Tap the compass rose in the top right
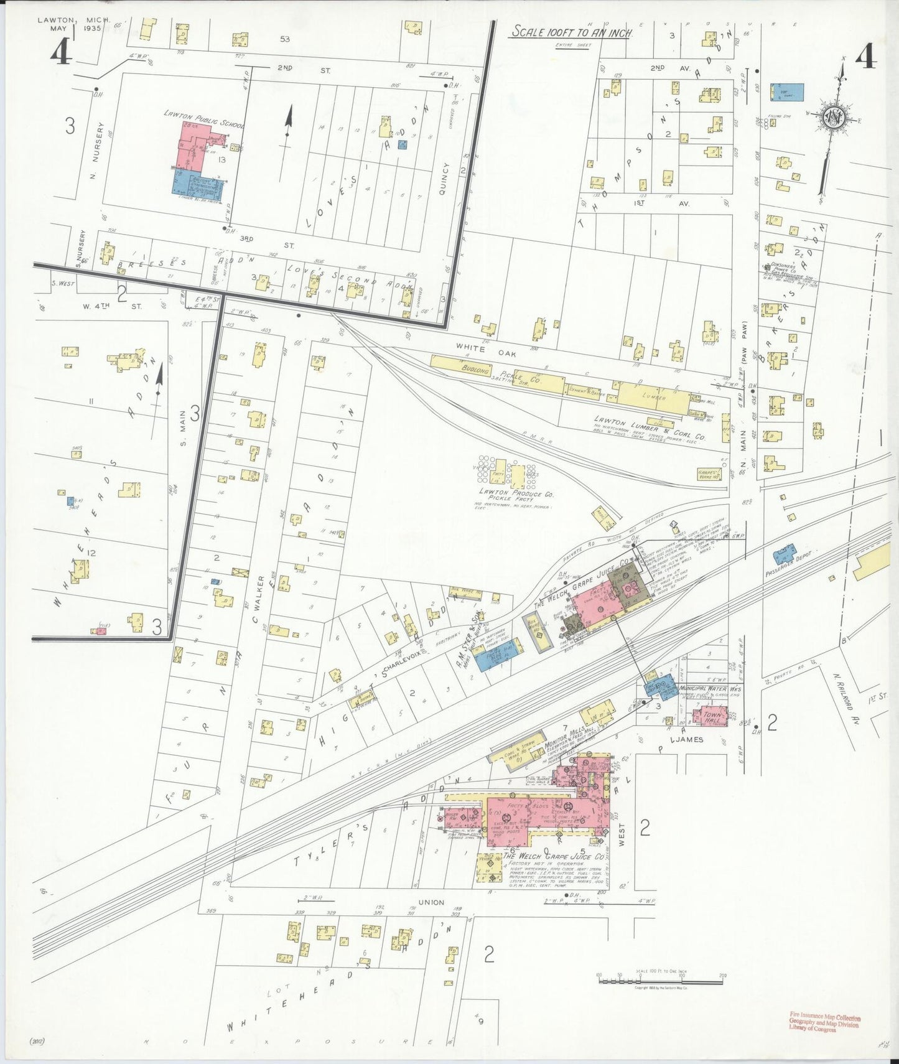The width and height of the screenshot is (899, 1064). [833, 116]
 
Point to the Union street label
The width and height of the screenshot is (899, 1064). [431, 902]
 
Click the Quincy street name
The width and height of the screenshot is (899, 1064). [444, 179]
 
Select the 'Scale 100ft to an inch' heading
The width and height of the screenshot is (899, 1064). [571, 32]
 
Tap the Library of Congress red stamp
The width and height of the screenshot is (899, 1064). [824, 1024]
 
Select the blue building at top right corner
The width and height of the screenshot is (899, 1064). [786, 92]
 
